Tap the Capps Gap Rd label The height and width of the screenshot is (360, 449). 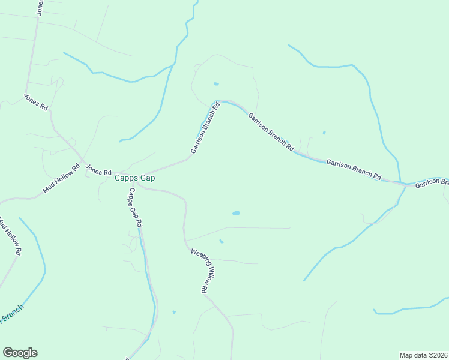(x=135, y=207)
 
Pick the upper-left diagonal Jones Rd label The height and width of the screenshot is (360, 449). (x=35, y=101)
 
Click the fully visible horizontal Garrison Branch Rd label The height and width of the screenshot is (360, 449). (x=354, y=170)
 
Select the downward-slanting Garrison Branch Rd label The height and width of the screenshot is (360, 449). (x=271, y=131)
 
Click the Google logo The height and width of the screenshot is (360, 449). (x=20, y=353)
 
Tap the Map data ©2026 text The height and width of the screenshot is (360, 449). (x=424, y=355)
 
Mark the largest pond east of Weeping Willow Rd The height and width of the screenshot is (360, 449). (x=236, y=213)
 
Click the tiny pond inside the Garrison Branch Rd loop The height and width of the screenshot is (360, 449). (x=216, y=84)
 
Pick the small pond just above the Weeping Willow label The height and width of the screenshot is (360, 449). (x=221, y=241)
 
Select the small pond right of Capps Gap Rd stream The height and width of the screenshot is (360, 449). (x=174, y=312)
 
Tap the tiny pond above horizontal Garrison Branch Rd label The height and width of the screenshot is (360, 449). (x=324, y=133)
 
